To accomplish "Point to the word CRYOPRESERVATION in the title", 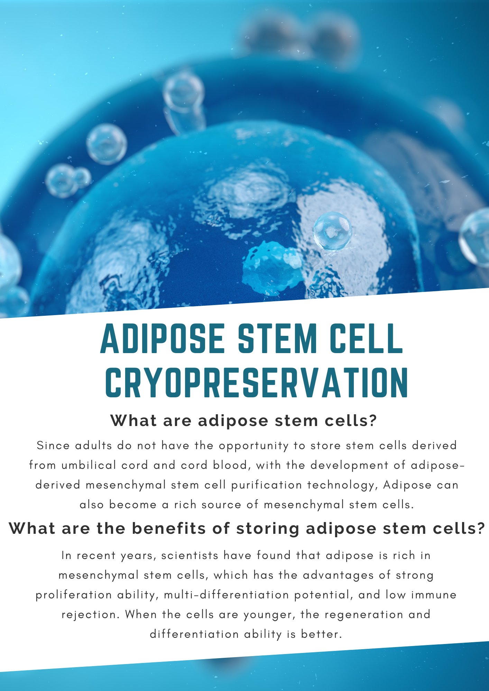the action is pos(257,382).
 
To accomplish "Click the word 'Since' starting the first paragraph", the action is pos(53,445).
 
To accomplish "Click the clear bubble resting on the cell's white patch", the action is pos(332,231).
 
